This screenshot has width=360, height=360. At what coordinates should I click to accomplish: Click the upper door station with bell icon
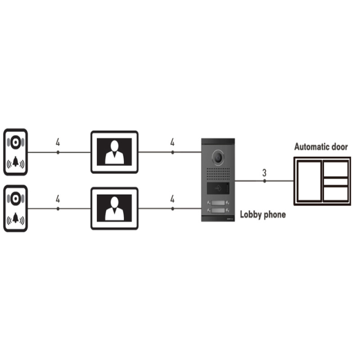tap(15, 152)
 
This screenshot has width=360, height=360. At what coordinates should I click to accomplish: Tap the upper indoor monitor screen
tap(114, 152)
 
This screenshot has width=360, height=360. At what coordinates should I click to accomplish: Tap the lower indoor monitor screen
tap(114, 208)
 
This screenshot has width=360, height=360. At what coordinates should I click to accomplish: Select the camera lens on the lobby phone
tap(218, 156)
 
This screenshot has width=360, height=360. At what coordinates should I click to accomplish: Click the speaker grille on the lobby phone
tap(218, 174)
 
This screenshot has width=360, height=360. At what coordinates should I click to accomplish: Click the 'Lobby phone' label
tap(262, 215)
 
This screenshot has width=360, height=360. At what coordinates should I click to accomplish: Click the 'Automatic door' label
tap(321, 147)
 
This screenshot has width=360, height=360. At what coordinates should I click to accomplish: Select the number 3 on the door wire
tap(264, 172)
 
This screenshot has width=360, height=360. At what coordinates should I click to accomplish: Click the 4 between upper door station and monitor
tap(58, 143)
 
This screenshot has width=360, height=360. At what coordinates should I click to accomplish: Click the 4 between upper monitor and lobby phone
tap(172, 143)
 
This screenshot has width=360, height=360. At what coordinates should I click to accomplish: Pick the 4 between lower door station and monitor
tap(58, 199)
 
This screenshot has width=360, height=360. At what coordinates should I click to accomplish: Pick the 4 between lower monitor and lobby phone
tap(172, 199)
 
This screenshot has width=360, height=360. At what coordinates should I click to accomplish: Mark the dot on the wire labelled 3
tap(265, 181)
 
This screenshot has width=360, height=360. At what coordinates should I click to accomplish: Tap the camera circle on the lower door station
tap(16, 198)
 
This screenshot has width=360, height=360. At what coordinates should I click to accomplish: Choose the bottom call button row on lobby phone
tap(218, 211)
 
